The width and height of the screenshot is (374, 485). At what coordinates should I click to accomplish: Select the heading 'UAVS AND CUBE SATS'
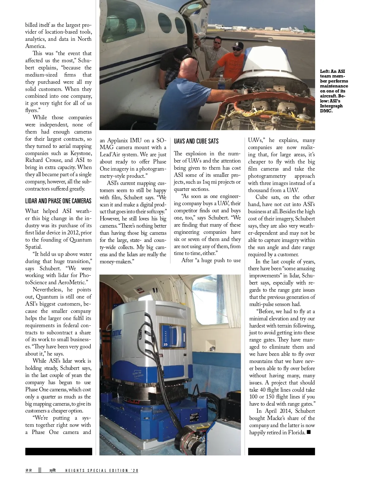[196, 141]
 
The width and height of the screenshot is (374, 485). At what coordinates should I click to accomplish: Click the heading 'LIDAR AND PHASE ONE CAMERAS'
[58, 201]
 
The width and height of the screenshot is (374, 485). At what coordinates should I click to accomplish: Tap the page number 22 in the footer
[29, 470]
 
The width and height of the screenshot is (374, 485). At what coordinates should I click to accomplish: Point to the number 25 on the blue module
[165, 345]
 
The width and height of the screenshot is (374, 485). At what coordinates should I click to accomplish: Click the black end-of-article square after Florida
[309, 432]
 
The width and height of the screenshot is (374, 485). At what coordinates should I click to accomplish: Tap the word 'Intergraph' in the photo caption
[331, 106]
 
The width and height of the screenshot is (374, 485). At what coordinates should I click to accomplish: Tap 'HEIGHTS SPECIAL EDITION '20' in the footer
[102, 471]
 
